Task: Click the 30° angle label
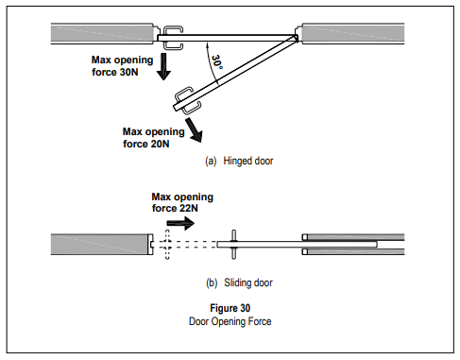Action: (x=217, y=62)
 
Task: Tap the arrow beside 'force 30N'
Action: (x=163, y=66)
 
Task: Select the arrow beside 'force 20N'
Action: (x=194, y=129)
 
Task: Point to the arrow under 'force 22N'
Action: (x=180, y=223)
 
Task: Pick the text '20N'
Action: (x=160, y=144)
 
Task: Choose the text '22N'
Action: (x=189, y=208)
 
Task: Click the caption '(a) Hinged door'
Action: (x=239, y=161)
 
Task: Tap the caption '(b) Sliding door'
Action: (x=239, y=283)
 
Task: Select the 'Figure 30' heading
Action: (x=230, y=308)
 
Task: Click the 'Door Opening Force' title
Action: (x=230, y=321)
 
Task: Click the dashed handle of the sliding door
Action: (x=167, y=245)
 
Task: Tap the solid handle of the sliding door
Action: (x=233, y=245)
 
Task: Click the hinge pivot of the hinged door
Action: (x=296, y=38)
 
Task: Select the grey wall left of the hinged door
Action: (x=102, y=33)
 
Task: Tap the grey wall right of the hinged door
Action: (x=353, y=33)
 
